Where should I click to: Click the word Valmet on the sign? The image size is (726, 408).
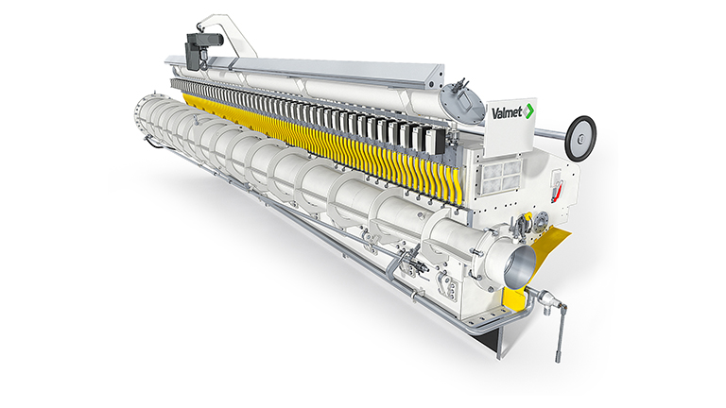(507, 112)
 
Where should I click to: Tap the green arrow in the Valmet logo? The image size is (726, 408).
(528, 111)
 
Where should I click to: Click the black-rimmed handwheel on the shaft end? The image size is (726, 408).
(580, 138)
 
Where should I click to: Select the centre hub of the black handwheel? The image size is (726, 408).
(580, 138)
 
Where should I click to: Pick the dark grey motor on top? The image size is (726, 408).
(202, 49)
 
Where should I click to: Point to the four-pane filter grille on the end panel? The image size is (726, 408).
(502, 177)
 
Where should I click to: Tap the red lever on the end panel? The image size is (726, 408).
(559, 191)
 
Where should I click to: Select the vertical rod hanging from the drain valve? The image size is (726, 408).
(561, 332)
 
